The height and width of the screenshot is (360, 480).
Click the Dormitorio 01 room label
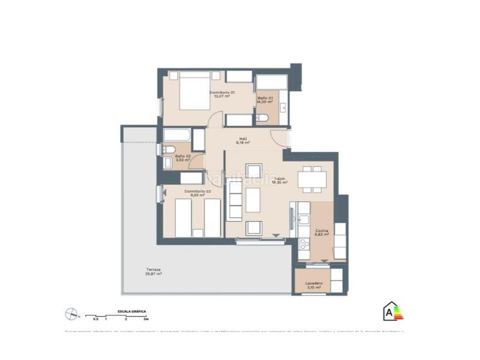pos(222,92)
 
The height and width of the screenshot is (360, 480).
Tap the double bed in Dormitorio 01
pos(193,91)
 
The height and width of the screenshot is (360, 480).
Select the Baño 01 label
pos(265,98)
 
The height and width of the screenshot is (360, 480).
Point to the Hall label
pos(243,139)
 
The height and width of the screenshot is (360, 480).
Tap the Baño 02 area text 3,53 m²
pos(183,161)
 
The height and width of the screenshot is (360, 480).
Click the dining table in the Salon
pos(311,179)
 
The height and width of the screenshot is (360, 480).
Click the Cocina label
pos(322,230)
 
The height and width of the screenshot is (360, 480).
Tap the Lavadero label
pos(314,283)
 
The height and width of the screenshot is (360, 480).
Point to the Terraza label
pos(154,270)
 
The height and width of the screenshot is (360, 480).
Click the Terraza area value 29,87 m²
pos(154,274)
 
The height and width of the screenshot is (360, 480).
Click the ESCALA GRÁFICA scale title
pos(131,311)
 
